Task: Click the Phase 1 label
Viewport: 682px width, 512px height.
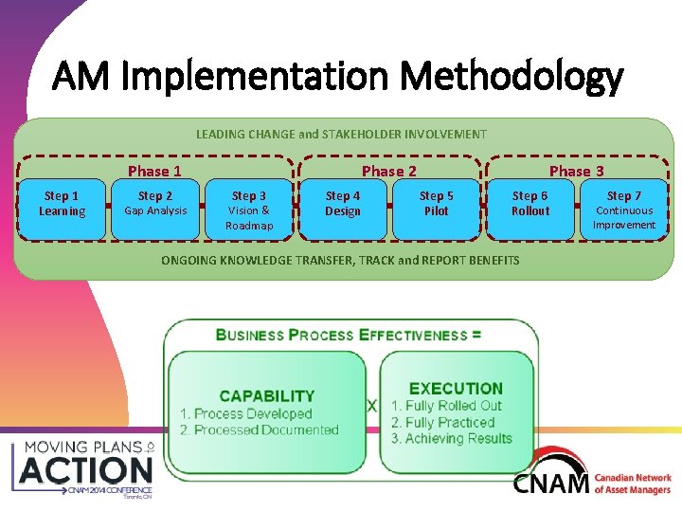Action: [x=154, y=171]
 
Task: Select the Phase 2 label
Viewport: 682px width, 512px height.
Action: [x=389, y=171]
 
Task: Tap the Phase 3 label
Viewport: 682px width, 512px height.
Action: [x=577, y=171]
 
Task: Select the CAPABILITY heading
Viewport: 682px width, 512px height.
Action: [x=266, y=396]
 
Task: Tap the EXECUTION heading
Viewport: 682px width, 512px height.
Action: [x=456, y=388]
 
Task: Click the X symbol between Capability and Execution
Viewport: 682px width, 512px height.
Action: [x=371, y=406]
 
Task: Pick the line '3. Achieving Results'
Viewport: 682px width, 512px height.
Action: [x=452, y=439]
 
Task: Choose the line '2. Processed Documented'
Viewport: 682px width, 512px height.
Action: [x=259, y=430]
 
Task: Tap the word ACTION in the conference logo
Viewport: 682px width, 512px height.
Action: [x=86, y=470]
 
